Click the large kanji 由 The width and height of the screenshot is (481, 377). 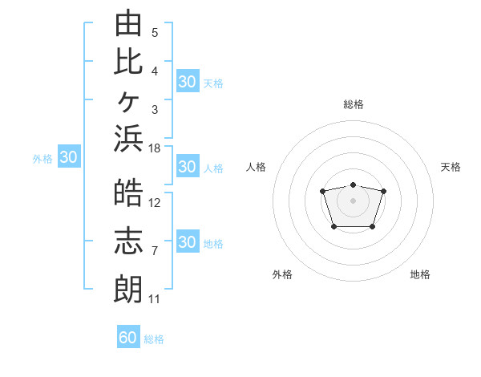coord(128,22)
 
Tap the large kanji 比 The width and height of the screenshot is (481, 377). coord(128,63)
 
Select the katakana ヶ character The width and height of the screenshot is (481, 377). coord(129,102)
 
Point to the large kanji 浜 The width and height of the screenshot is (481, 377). coord(128,139)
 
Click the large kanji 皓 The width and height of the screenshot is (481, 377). coord(128,193)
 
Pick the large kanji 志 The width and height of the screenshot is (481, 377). coord(128,241)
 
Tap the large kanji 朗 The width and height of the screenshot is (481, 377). coord(128,290)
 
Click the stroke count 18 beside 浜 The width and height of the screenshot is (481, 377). coord(154,148)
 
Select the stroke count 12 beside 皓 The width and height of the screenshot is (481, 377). coord(154,203)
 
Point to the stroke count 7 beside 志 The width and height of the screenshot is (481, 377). coord(155,251)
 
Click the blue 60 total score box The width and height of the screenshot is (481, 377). coord(128,336)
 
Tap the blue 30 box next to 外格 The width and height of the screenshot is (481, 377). coord(69,156)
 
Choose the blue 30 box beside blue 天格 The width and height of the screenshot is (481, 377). coord(188,81)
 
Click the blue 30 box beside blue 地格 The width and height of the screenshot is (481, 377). coord(188,241)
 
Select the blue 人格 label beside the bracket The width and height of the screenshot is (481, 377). coord(213,168)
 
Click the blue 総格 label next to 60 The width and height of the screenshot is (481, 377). coord(154,339)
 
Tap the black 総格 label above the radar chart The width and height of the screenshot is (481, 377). coord(354,104)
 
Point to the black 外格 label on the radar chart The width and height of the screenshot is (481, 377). coord(282,274)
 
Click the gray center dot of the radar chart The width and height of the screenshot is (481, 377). coord(353,201)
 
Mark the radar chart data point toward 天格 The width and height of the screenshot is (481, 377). coord(383,191)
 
